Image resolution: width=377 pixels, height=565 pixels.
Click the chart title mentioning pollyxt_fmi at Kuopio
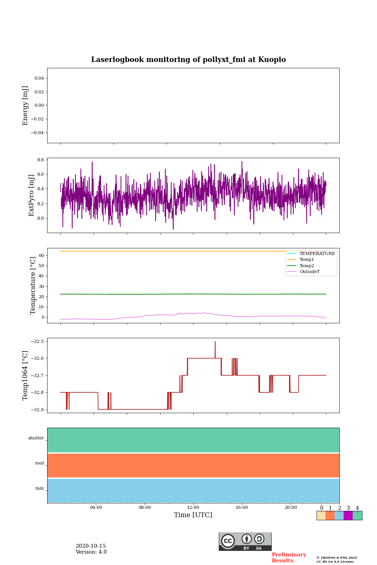[188, 60]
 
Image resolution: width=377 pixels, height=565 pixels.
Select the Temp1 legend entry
[307, 260]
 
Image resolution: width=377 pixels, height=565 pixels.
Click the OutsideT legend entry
[309, 272]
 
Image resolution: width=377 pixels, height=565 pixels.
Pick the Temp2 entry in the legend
[307, 266]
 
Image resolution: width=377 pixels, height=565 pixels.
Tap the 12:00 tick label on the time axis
[193, 507]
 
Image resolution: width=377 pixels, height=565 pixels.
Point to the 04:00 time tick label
[96, 507]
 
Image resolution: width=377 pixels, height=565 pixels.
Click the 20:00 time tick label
[291, 507]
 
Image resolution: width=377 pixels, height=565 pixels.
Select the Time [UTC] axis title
[193, 515]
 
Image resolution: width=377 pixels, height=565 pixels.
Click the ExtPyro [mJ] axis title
[32, 195]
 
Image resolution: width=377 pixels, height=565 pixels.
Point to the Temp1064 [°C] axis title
[26, 375]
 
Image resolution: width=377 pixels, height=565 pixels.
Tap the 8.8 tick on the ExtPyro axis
[40, 160]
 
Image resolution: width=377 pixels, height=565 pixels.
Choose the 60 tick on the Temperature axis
[41, 255]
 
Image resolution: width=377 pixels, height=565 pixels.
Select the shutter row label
[36, 438]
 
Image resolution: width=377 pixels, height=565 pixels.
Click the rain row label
[40, 488]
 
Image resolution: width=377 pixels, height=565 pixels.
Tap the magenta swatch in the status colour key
[348, 516]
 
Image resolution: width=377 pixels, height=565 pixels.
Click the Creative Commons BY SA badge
[245, 541]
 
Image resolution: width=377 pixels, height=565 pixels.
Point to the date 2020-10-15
[91, 546]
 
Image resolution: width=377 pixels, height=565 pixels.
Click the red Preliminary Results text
[289, 558]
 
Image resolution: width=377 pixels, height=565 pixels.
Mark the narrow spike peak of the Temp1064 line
[215, 342]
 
